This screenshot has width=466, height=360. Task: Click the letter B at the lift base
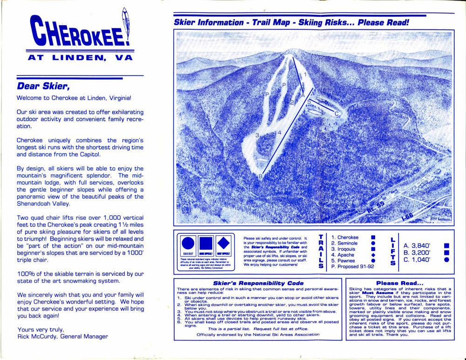pos(261,176)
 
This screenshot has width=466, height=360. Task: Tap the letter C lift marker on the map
pos(337,114)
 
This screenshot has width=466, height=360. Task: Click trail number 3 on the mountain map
pos(257,136)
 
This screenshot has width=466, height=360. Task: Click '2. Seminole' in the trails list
pos(344,243)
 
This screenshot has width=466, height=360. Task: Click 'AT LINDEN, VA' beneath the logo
pos(80,58)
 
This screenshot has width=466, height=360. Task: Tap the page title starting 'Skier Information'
pos(291,22)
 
